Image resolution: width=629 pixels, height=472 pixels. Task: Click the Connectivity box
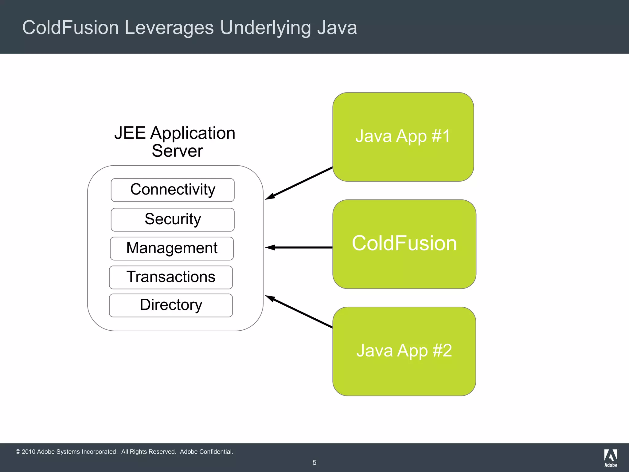point(173,190)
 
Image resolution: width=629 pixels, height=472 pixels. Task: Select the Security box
point(173,220)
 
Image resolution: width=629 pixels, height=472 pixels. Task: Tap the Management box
point(172,248)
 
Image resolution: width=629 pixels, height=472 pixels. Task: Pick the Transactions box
point(171,277)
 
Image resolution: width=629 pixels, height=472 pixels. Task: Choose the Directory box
point(171,305)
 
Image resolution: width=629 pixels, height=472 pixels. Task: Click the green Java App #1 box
point(403,137)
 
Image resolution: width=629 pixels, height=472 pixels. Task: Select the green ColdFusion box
point(404,244)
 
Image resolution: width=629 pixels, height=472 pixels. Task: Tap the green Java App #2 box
point(404,351)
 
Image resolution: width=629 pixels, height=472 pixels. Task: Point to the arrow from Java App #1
point(299,183)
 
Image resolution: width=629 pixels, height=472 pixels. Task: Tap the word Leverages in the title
point(169,28)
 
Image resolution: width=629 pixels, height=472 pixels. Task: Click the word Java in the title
point(337,28)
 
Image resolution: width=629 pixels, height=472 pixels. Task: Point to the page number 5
point(314,462)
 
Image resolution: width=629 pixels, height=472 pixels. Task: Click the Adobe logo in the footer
point(611,458)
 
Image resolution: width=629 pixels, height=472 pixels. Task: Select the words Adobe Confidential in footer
point(206,452)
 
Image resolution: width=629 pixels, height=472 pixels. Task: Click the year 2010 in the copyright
point(29,452)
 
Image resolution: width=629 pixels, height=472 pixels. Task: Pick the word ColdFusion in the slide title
point(70,28)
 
